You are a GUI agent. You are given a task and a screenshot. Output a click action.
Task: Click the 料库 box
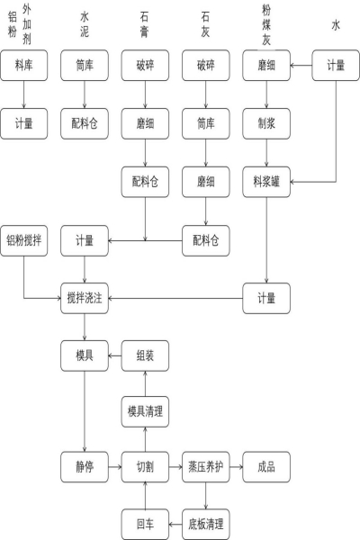(23, 66)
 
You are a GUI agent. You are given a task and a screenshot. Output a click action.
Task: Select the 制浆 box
(266, 123)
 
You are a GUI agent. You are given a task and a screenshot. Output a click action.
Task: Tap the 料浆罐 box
(266, 182)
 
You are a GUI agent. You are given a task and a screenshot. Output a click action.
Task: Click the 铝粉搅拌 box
(23, 240)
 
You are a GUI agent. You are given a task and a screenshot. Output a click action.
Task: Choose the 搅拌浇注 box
(85, 298)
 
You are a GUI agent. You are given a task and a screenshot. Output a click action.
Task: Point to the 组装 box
(145, 355)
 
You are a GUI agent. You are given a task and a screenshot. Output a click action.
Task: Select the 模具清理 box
(145, 411)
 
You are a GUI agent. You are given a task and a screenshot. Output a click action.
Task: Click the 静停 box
(85, 467)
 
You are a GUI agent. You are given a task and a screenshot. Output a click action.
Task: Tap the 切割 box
(145, 467)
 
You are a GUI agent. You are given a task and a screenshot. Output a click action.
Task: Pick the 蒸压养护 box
(206, 467)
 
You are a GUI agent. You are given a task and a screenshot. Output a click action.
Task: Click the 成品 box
(266, 467)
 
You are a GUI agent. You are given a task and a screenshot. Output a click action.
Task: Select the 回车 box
(145, 524)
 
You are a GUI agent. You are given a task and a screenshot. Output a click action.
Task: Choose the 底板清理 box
(206, 524)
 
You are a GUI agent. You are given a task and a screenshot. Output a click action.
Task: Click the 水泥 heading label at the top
(85, 24)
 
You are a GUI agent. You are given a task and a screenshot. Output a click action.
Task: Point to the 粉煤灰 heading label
(266, 24)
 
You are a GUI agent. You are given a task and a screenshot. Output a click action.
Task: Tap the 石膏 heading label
(144, 24)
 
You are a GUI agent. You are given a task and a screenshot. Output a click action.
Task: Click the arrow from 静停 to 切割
(114, 467)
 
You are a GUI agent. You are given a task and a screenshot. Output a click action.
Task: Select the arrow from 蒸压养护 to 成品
(236, 467)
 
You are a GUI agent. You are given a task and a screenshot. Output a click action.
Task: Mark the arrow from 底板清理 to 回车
(175, 525)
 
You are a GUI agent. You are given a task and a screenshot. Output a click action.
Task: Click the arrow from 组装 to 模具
(114, 355)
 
